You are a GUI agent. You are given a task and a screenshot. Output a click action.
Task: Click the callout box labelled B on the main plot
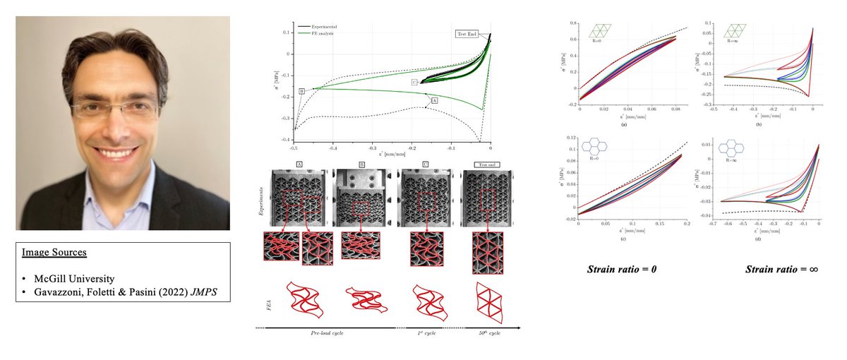pyautogui.click(x=301, y=91)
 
